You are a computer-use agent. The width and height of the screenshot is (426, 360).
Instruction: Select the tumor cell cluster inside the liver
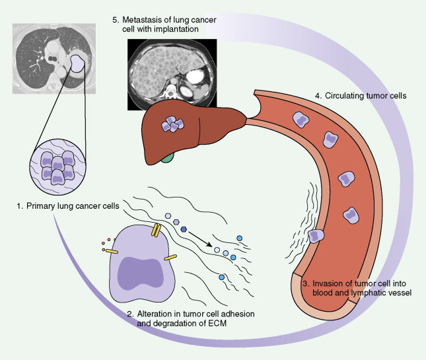point(173,124)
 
